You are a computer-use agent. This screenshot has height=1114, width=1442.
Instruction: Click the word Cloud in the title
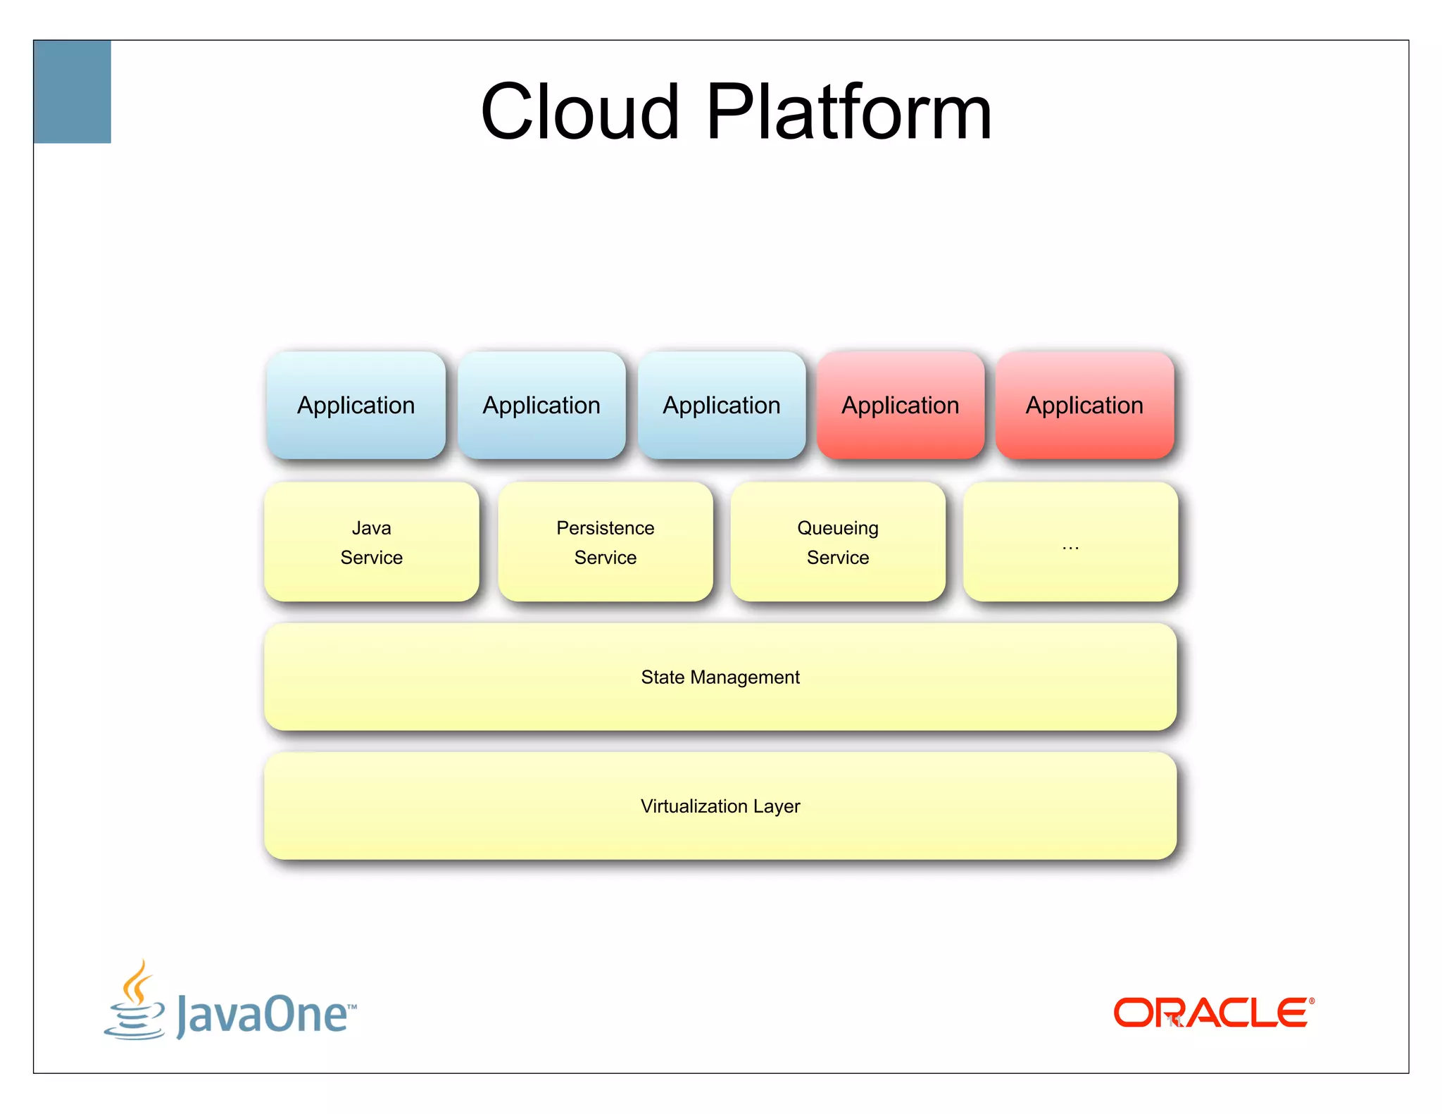[x=579, y=113]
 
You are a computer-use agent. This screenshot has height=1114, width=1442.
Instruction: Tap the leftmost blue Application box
[x=356, y=406]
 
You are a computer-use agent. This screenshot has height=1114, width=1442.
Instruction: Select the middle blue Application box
[x=541, y=406]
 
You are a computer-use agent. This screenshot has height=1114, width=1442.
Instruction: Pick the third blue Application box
[x=722, y=406]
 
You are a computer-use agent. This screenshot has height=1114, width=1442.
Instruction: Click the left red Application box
[x=901, y=406]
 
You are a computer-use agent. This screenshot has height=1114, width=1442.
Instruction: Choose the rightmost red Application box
[x=1084, y=406]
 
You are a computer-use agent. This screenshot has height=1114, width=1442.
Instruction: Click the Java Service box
[x=372, y=542]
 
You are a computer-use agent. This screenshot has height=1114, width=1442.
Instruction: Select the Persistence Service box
[x=606, y=542]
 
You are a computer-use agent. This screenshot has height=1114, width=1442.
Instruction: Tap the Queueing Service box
[x=838, y=542]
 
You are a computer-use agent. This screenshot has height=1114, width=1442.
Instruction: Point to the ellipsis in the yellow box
[x=1070, y=547]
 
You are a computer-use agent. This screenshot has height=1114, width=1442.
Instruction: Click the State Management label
[x=720, y=677]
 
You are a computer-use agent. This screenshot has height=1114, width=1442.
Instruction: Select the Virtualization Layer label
[x=720, y=806]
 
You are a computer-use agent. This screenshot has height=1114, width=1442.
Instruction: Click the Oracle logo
[x=1210, y=1013]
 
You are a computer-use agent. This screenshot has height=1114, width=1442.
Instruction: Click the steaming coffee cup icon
[x=135, y=1001]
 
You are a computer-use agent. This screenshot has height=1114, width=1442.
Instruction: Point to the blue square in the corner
[x=73, y=92]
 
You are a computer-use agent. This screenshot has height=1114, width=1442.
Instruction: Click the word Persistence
[x=606, y=528]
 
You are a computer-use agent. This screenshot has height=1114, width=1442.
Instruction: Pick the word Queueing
[x=838, y=528]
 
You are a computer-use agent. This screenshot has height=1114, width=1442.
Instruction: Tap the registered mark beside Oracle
[x=1311, y=1001]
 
